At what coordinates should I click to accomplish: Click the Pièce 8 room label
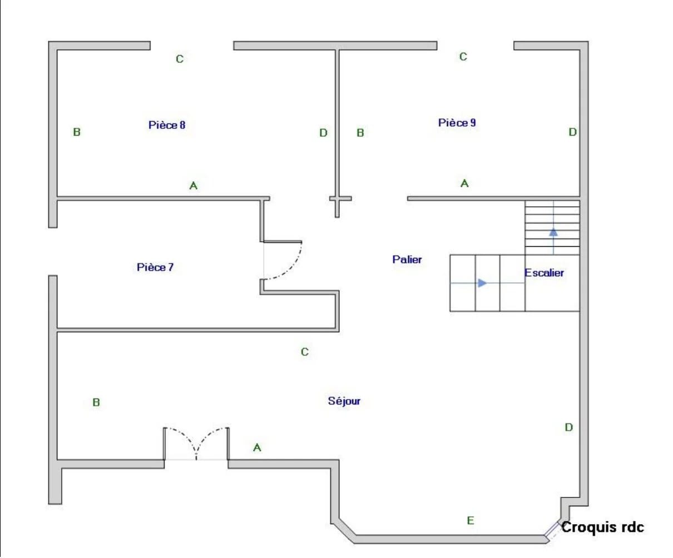pyautogui.click(x=167, y=125)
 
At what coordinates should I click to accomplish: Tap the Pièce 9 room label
pyautogui.click(x=457, y=122)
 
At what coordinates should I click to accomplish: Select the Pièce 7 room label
pyautogui.click(x=155, y=267)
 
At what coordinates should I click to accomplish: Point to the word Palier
pyautogui.click(x=407, y=260)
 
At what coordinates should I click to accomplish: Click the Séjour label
pyautogui.click(x=344, y=401)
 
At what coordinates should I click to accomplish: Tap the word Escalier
pyautogui.click(x=544, y=273)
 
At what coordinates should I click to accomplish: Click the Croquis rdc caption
pyautogui.click(x=602, y=527)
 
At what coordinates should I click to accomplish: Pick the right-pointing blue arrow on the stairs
pyautogui.click(x=482, y=283)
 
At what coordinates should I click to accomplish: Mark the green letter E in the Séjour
pyautogui.click(x=470, y=520)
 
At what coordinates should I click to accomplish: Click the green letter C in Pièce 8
pyautogui.click(x=180, y=59)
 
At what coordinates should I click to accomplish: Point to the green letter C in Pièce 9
pyautogui.click(x=463, y=57)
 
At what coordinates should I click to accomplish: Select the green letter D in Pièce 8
pyautogui.click(x=323, y=133)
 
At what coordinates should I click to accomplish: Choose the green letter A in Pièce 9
pyautogui.click(x=464, y=183)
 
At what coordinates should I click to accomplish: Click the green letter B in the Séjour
pyautogui.click(x=96, y=402)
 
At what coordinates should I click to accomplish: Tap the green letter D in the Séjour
pyautogui.click(x=569, y=427)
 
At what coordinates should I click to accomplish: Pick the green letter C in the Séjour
pyautogui.click(x=305, y=351)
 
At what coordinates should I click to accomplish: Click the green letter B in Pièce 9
pyautogui.click(x=360, y=133)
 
